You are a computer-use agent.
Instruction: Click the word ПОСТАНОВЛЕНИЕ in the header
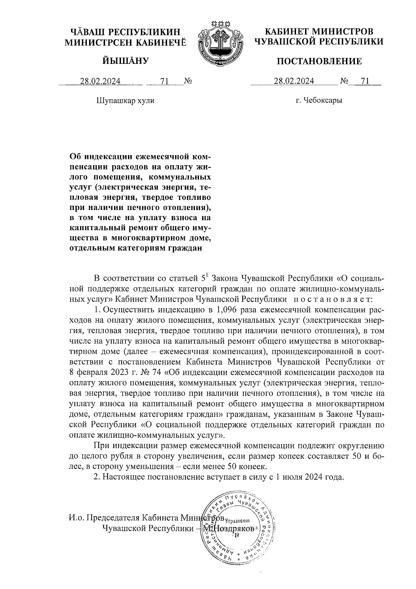[x=319, y=62]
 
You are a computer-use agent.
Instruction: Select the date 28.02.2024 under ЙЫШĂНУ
[x=101, y=82]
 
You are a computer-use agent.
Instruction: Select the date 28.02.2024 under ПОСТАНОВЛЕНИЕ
[x=294, y=82]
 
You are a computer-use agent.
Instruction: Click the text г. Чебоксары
[x=319, y=101]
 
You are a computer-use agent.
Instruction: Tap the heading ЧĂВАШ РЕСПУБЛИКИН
[x=125, y=32]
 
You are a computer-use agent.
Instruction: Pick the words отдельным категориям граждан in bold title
[x=136, y=248]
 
